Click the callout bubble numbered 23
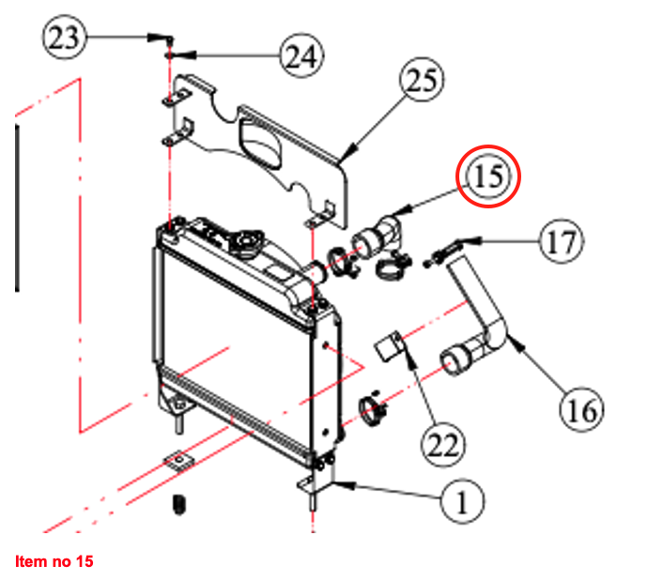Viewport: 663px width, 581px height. (x=64, y=38)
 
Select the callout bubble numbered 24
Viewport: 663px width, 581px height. (x=301, y=55)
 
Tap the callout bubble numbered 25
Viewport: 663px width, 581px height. (x=422, y=80)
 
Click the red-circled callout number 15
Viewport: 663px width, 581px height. (x=488, y=176)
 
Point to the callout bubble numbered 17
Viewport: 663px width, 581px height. (x=562, y=242)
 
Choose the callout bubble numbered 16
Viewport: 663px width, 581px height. (x=582, y=410)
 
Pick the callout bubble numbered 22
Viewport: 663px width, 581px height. (x=443, y=445)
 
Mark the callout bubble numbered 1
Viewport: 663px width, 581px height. (x=462, y=501)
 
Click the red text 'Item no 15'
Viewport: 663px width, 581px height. (x=54, y=561)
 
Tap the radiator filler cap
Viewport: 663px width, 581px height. (x=246, y=242)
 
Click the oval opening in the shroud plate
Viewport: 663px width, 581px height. (x=259, y=143)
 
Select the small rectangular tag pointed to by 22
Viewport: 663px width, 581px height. (x=388, y=346)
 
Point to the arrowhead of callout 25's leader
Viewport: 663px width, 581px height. (x=349, y=153)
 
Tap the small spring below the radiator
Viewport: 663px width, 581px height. (x=179, y=504)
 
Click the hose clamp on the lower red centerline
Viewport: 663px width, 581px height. (x=373, y=410)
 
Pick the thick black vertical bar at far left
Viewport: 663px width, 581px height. (x=17, y=207)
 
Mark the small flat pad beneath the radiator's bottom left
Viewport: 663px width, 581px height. (x=178, y=461)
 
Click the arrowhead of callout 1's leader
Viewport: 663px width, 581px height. (x=345, y=485)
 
